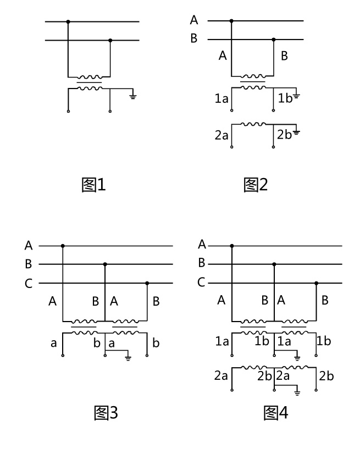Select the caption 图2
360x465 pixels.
tap(256, 185)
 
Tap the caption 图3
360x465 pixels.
tap(104, 412)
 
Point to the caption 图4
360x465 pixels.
tap(276, 412)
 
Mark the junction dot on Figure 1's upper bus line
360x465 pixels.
tap(68, 22)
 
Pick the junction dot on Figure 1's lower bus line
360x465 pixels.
tap(110, 40)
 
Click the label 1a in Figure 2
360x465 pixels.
tap(221, 99)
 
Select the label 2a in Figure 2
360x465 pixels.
tap(221, 135)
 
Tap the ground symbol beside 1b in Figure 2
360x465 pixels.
tap(296, 96)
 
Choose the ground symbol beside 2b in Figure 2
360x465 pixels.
tap(296, 132)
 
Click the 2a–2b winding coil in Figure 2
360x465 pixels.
tap(252, 124)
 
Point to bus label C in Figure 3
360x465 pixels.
tap(29, 284)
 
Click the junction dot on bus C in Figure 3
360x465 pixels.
tap(147, 284)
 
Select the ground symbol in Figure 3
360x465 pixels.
tap(128, 358)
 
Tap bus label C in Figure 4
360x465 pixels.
tap(202, 283)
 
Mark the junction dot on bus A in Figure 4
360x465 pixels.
tap(231, 246)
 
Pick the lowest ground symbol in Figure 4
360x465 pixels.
tap(297, 392)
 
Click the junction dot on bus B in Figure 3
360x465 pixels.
tap(104, 264)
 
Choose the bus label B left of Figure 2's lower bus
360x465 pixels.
tap(193, 40)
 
